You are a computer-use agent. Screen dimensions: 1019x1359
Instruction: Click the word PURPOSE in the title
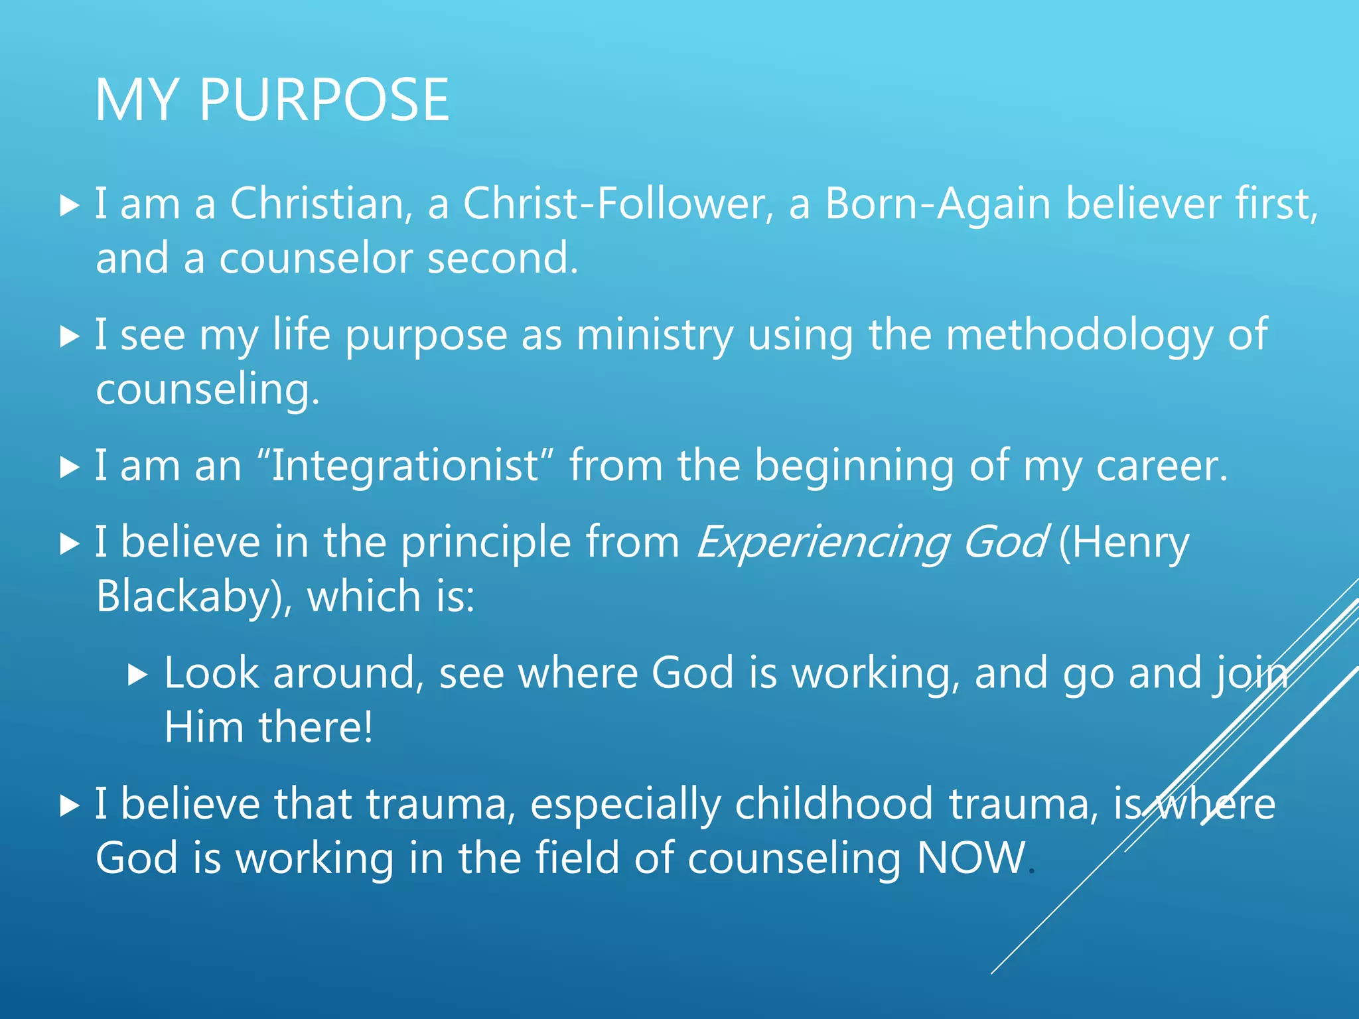(x=324, y=100)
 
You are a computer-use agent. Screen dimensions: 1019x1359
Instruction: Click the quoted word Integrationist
(x=405, y=465)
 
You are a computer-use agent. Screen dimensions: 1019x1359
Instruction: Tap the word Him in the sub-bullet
(x=204, y=727)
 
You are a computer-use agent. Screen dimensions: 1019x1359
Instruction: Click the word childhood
(x=834, y=804)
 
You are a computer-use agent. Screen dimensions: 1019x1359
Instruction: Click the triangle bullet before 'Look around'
(x=137, y=675)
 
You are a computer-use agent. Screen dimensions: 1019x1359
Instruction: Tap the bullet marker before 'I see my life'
(x=69, y=336)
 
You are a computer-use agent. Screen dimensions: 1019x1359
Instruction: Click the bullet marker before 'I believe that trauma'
(x=69, y=806)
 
